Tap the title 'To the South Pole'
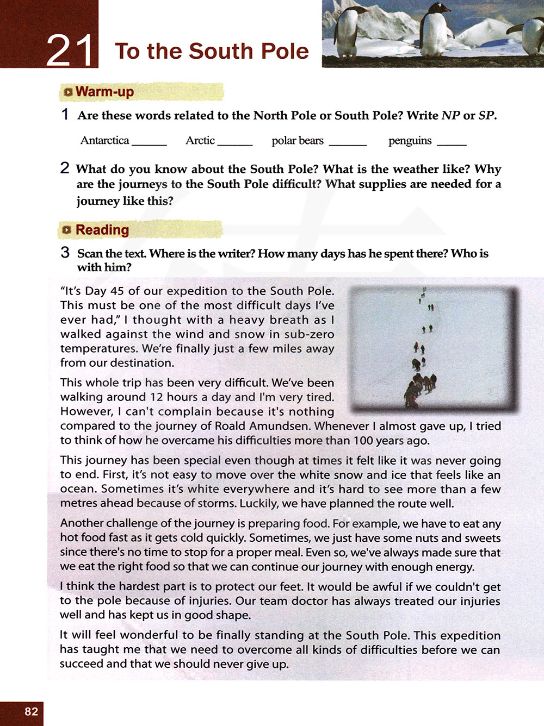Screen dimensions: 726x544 coord(212,51)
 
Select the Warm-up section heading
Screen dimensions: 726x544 coord(104,92)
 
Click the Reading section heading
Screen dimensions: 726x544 coord(102,230)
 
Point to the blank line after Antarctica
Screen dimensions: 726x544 coord(149,144)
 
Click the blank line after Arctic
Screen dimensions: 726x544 coord(235,144)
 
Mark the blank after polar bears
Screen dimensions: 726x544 coord(348,144)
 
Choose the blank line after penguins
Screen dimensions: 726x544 coord(452,144)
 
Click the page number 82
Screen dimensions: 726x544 coord(31,711)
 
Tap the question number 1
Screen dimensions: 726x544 coord(65,115)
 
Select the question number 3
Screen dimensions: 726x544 coord(65,253)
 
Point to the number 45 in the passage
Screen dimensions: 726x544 coord(117,291)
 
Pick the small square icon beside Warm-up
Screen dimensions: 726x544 coord(67,92)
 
